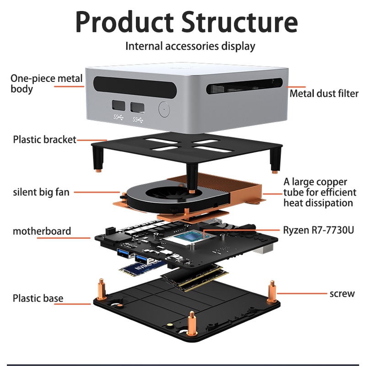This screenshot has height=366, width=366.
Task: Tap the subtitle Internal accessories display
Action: (x=190, y=46)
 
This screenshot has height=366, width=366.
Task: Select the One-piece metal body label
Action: (x=46, y=83)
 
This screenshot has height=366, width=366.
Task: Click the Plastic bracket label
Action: (x=44, y=140)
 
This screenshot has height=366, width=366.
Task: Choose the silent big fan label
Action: (x=41, y=192)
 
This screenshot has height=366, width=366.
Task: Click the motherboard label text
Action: (x=42, y=231)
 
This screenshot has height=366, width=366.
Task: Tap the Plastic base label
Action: (x=38, y=299)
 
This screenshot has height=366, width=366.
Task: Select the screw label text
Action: (x=342, y=293)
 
